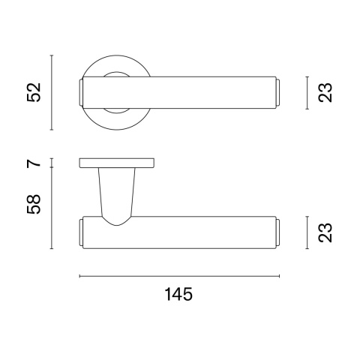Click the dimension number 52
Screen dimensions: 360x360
34,92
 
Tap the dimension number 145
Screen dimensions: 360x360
178,294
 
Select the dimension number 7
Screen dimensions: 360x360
34,163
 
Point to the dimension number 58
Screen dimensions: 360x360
34,204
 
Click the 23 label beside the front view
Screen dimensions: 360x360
325,92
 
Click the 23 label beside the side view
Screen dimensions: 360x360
325,232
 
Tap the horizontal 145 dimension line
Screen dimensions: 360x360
179,276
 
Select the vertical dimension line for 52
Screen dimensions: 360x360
52,92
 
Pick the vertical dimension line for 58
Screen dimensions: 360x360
52,208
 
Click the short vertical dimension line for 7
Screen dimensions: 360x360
52,163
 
